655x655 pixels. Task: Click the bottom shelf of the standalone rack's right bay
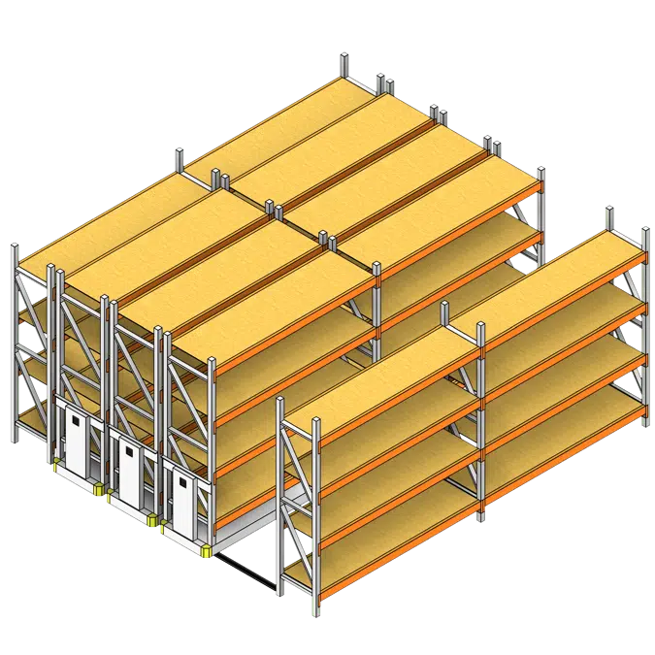563,427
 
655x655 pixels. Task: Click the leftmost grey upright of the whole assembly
16,340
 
